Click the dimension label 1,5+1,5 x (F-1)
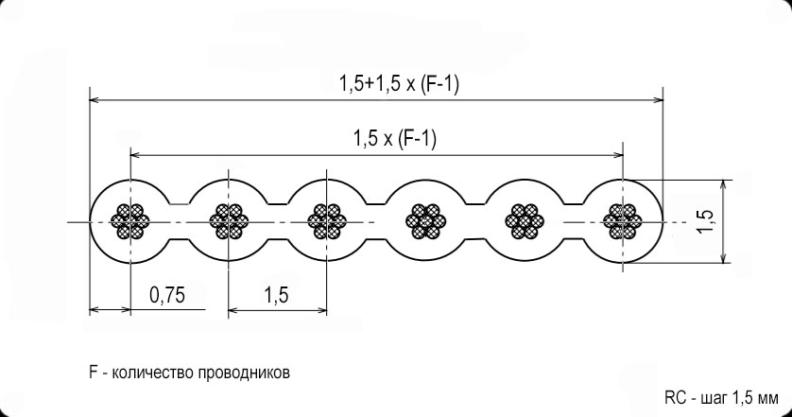tap(400, 84)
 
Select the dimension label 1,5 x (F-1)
tap(395, 138)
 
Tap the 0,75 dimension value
tap(167, 295)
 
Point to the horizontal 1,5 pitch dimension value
tap(276, 295)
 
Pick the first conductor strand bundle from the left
tap(130, 221)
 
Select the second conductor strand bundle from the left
tap(229, 221)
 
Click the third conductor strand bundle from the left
tap(327, 221)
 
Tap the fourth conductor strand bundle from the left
tap(426, 221)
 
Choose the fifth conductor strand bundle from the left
tap(525, 221)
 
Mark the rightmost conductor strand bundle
tap(623, 221)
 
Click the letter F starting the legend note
tap(94, 373)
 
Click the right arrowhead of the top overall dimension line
tap(658, 100)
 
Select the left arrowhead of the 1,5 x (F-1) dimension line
tap(136, 155)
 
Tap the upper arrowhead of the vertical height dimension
tap(725, 185)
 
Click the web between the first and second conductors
tap(180, 221)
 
